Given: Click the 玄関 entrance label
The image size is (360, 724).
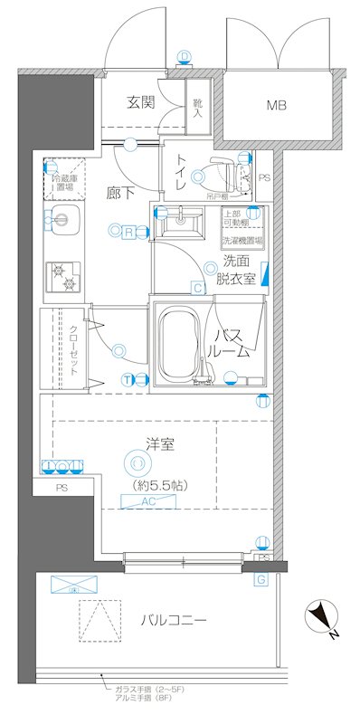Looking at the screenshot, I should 140,102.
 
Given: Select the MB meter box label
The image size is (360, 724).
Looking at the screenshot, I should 277,106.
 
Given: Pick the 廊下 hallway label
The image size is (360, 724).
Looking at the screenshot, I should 119,192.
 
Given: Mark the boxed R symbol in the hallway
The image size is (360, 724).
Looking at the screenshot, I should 129,232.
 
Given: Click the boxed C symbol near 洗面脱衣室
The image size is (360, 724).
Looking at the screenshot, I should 196,289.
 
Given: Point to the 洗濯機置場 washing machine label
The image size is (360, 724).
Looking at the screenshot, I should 243,242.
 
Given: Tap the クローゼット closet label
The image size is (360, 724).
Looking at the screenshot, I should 73,348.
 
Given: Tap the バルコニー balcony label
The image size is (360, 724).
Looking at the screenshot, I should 174,621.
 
